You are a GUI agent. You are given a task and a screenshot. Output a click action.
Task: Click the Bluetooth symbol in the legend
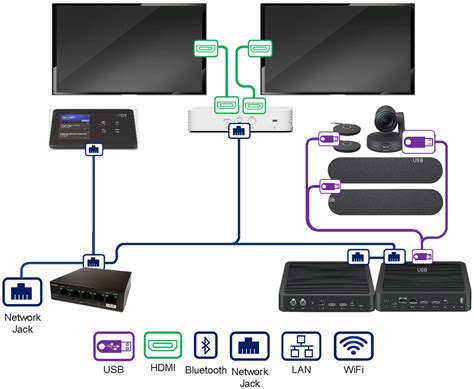coord(205,346)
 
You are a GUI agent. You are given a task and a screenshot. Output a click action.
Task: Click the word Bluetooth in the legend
coord(205,370)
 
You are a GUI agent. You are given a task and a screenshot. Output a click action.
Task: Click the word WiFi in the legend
coord(352,370)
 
